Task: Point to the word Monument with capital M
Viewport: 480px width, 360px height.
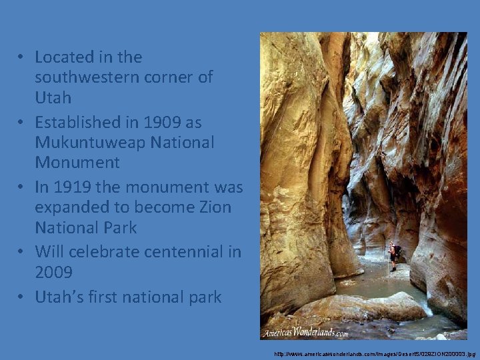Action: point(77,162)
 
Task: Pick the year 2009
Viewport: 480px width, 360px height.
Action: point(53,272)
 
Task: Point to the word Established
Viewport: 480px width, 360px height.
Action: point(79,123)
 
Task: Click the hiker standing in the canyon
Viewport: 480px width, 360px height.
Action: point(393,256)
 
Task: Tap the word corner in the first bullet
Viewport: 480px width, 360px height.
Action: point(175,77)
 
